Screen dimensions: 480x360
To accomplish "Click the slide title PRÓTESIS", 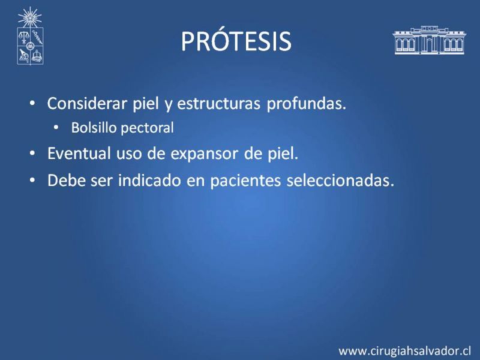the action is coord(236,41).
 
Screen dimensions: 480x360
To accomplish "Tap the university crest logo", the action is coord(30,36).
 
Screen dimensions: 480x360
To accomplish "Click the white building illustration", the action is coord(429,40).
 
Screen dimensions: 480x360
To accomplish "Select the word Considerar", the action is coord(87,103).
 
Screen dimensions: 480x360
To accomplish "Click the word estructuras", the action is coord(218,103).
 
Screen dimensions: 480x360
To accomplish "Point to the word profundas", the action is coord(306,104).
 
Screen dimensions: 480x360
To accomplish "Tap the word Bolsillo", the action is coord(94,127).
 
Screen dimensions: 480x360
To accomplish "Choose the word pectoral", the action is coord(148,128).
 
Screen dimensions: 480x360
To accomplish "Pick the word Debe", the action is coord(66,180).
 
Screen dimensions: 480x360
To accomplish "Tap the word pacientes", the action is coord(245,181).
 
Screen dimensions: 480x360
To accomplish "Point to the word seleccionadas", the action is coord(340,180).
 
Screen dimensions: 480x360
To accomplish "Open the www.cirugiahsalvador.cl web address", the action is coord(404,351).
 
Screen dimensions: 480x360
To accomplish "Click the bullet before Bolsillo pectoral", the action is coord(56,127).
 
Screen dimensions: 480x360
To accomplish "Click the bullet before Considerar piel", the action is coord(32,103).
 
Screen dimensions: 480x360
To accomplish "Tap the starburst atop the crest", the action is coord(29,17).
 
